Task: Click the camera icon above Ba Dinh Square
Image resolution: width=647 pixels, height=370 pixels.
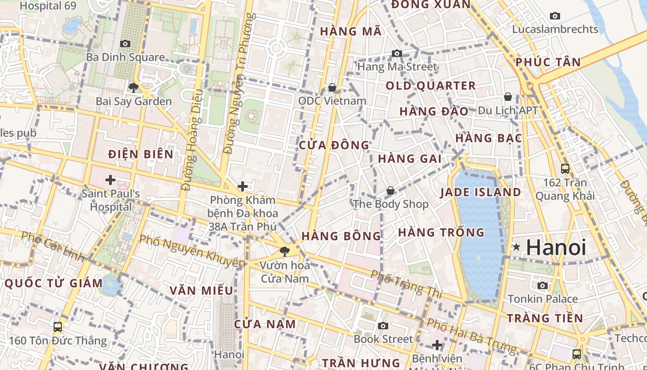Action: click(125, 44)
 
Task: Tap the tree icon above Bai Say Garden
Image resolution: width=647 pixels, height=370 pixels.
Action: click(134, 87)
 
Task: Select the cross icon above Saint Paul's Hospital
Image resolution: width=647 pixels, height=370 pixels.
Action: click(110, 179)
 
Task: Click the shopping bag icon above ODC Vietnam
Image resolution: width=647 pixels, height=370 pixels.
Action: click(332, 87)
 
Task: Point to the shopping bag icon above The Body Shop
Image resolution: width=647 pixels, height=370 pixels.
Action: click(391, 191)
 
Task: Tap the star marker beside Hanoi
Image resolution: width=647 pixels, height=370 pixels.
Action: click(516, 247)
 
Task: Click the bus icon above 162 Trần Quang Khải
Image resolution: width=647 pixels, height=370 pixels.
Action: click(565, 169)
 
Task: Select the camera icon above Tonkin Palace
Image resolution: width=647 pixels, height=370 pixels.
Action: click(543, 285)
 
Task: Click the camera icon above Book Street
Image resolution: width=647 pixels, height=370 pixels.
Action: click(383, 326)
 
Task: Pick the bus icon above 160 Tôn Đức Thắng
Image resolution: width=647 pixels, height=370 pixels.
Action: click(58, 327)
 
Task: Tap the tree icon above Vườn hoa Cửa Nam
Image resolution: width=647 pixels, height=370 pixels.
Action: click(285, 252)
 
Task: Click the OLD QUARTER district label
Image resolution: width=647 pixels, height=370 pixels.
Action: click(431, 86)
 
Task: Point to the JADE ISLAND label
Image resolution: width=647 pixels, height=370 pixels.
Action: click(481, 192)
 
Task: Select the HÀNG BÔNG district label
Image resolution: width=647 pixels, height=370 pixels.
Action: click(341, 236)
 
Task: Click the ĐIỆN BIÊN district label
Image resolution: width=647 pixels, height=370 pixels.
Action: click(141, 154)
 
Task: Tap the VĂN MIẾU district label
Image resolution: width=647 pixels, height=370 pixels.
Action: click(201, 290)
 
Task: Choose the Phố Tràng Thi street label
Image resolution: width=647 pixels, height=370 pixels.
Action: click(406, 284)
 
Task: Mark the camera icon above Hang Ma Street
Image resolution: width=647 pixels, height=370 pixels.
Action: click(397, 54)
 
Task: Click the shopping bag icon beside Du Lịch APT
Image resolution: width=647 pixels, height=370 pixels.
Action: click(508, 97)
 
